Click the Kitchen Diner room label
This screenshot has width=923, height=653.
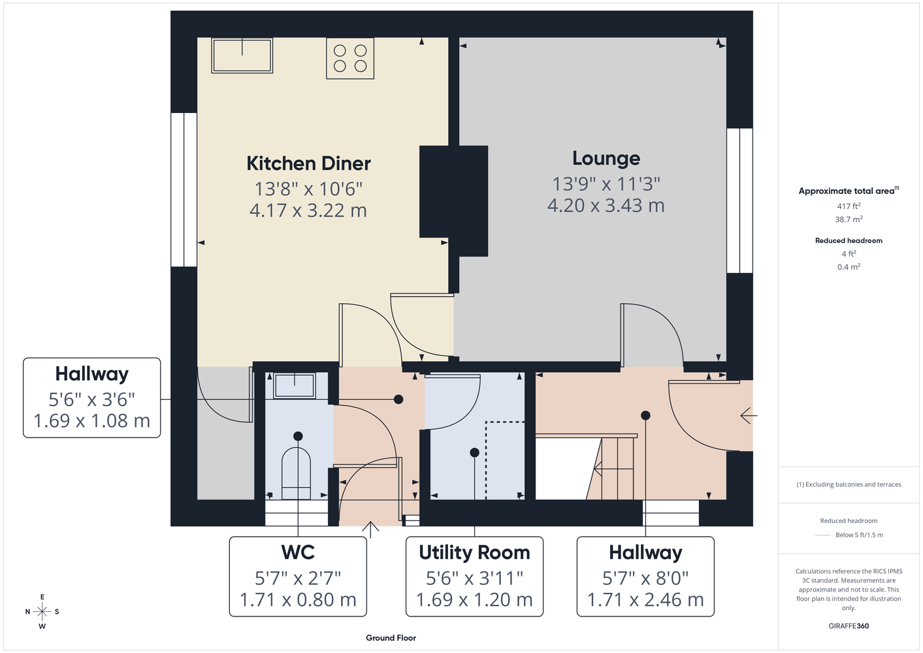[x=308, y=163]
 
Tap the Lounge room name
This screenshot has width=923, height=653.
[x=606, y=159]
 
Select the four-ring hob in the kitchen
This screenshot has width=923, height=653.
[x=350, y=58]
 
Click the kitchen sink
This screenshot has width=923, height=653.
[x=242, y=56]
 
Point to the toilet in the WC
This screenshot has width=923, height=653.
[x=296, y=473]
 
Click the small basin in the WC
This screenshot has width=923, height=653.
[x=294, y=386]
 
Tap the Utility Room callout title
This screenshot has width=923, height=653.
[x=474, y=552]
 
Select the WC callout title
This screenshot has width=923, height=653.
[x=298, y=552]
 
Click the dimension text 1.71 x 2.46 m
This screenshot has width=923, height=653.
[x=645, y=600]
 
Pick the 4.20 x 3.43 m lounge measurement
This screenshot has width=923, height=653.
[x=606, y=205]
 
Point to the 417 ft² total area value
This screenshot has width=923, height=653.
[x=849, y=206]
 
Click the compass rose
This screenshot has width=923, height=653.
[x=42, y=611]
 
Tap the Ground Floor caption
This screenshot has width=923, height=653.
[x=391, y=638]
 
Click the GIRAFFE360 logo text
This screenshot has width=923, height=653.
[x=849, y=626]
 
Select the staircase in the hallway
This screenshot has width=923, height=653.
[x=610, y=468]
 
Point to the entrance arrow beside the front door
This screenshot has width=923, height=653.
[x=749, y=416]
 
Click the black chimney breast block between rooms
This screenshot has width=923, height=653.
[x=454, y=200]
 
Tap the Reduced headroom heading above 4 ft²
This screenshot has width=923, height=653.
[x=849, y=240]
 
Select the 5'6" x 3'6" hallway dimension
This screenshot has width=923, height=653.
[x=91, y=399]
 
